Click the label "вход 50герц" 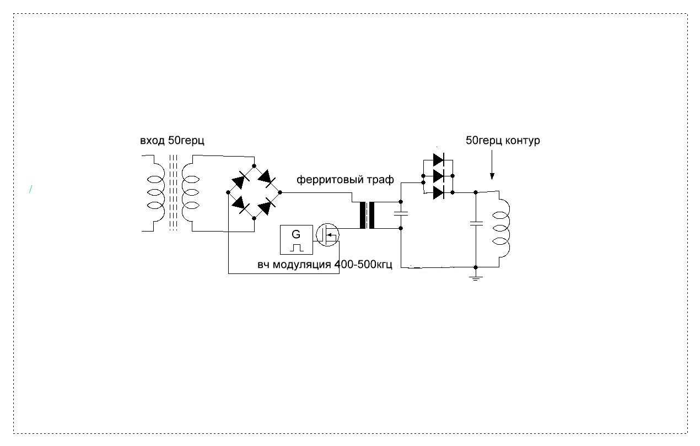(x=172, y=141)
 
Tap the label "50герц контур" (x=503, y=141)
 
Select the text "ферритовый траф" (x=346, y=180)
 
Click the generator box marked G (x=296, y=239)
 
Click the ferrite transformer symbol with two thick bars (x=367, y=215)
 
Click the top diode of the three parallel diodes (x=439, y=160)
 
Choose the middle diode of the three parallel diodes (x=439, y=176)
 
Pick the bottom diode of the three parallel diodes (x=439, y=192)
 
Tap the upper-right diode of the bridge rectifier (x=267, y=178)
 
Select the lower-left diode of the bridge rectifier (x=240, y=205)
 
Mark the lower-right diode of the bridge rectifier (x=267, y=207)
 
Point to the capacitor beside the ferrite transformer (x=401, y=213)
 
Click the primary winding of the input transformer (x=155, y=193)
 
